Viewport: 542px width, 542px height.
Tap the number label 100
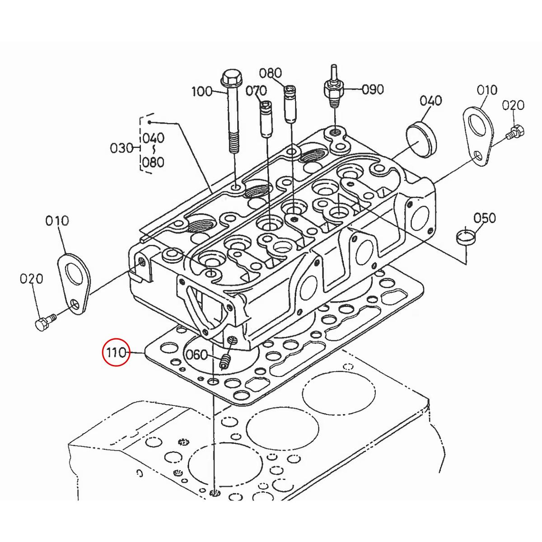pos(202,91)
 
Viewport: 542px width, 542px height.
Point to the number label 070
pos(256,91)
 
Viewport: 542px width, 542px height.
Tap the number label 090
pos(373,89)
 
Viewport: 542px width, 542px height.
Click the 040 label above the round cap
pos(431,100)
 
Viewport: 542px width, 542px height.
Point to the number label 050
pos(485,218)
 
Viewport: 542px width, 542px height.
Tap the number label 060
pos(197,355)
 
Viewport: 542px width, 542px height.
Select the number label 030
pos(121,148)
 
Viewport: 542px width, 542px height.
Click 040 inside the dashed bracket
pos(154,138)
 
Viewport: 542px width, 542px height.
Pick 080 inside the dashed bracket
pos(154,162)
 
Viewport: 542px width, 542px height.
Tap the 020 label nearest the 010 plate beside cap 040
pos(513,105)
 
